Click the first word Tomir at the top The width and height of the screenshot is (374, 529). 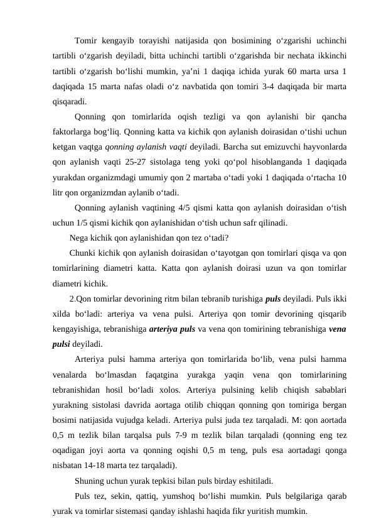pyautogui.click(x=87, y=41)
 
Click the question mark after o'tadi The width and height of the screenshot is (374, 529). pyautogui.click(x=225, y=237)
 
